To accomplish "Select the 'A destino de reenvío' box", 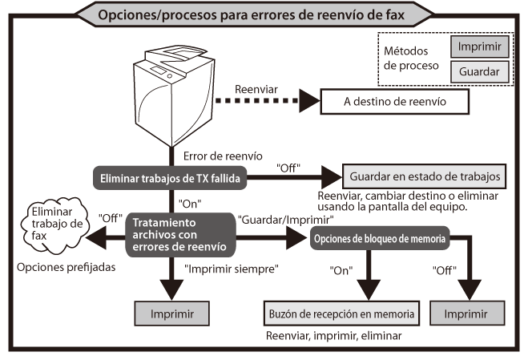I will tap(393, 102).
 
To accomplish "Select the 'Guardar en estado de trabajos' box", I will tap(425, 175).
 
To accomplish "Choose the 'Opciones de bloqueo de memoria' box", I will tap(377, 237).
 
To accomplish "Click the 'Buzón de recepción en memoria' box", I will tap(341, 312).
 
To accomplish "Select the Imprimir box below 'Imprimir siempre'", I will tap(171, 312).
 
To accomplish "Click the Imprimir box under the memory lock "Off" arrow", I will tap(468, 312).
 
